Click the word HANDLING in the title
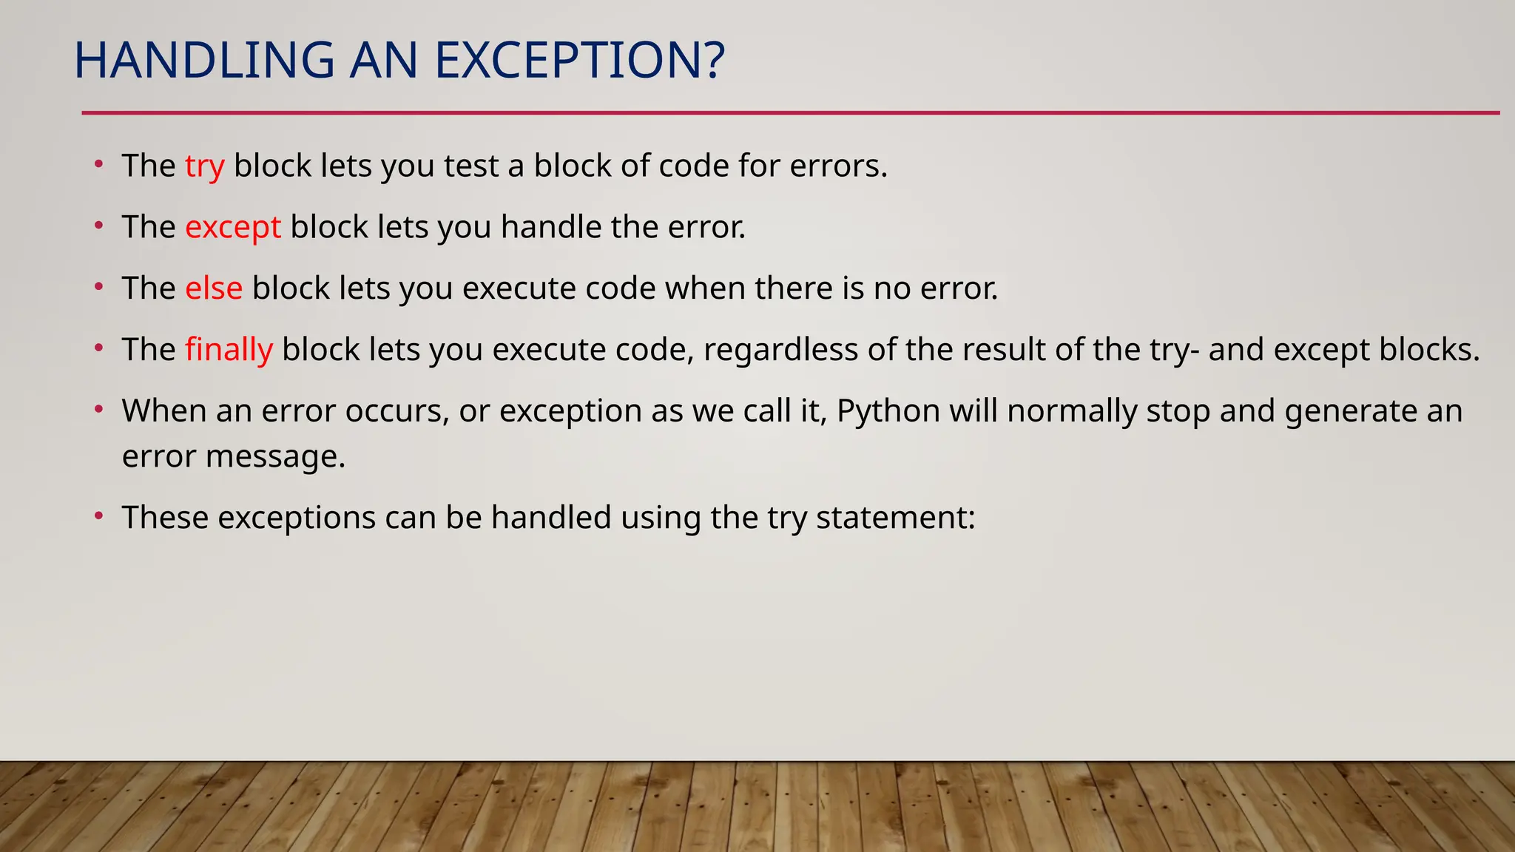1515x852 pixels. pos(204,61)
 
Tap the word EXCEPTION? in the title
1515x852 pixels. pos(579,61)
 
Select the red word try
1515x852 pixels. pos(204,166)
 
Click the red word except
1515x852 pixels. pos(232,227)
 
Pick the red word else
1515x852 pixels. pos(213,288)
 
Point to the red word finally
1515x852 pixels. pos(229,350)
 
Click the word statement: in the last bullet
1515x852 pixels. pos(896,518)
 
